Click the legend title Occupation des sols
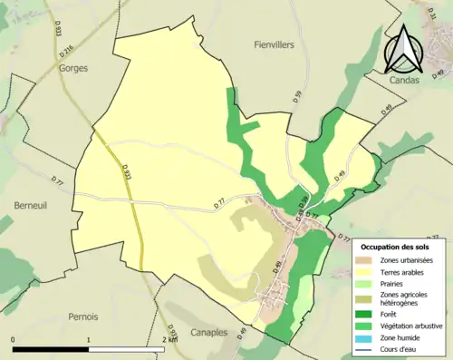[395, 246]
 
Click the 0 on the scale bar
[14, 339]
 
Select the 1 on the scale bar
[89, 339]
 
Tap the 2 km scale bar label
[169, 339]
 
